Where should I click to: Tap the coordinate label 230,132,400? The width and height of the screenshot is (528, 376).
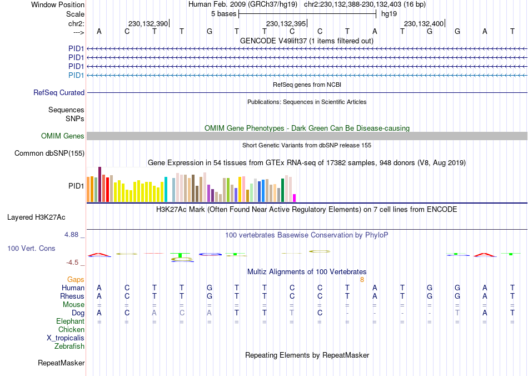[424, 23]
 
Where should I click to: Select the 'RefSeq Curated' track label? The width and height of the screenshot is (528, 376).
[59, 93]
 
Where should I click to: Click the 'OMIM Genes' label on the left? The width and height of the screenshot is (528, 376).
[63, 136]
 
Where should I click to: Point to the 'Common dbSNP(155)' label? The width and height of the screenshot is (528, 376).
[49, 153]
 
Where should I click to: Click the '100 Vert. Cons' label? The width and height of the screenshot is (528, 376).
[31, 248]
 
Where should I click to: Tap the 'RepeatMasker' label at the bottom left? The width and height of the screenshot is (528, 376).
[61, 363]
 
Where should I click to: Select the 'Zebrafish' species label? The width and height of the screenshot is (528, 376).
[69, 347]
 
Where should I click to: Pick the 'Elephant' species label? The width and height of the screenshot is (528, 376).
[70, 321]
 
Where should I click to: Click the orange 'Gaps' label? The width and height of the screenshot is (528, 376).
[76, 279]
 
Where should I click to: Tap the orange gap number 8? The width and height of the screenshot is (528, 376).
[362, 279]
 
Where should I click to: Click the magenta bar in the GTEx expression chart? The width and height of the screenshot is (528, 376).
[295, 197]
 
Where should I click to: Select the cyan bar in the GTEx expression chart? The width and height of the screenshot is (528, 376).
[166, 189]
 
